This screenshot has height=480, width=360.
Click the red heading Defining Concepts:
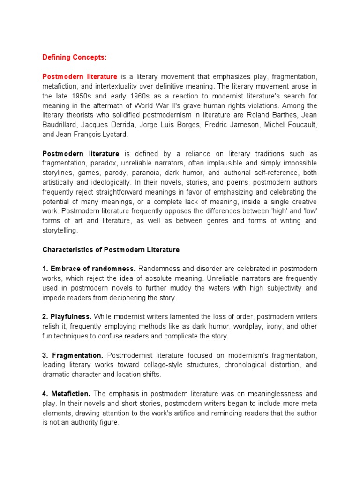pyautogui.click(x=75, y=57)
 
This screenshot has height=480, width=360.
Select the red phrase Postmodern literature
pyautogui.click(x=80, y=76)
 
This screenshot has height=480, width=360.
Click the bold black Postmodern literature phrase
pyautogui.click(x=81, y=154)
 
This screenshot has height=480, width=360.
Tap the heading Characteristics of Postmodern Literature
pyautogui.click(x=111, y=250)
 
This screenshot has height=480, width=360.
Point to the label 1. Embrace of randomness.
pyautogui.click(x=89, y=269)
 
